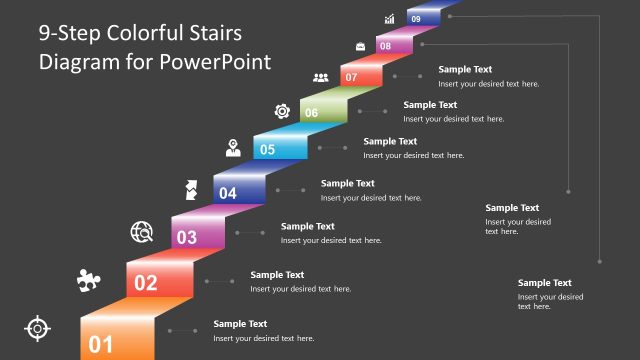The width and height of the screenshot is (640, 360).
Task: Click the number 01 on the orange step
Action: pos(101,345)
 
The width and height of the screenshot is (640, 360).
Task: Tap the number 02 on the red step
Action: pos(146,283)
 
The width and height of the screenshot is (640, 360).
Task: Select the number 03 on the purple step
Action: pos(187,238)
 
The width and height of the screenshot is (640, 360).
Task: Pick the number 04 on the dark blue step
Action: pos(228,193)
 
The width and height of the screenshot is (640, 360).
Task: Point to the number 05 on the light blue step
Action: pos(268,150)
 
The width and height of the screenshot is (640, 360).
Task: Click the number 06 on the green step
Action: pos(312,113)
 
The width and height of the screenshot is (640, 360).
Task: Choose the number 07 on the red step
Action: pos(351,77)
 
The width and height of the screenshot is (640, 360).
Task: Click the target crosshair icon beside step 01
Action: pos(37,327)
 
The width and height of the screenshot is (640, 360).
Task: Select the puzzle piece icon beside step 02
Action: pos(87,280)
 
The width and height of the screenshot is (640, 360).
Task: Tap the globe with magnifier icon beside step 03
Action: pos(142,233)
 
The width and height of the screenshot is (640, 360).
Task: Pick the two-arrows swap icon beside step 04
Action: pos(190,188)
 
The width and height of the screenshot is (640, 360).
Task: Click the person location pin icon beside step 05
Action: pos(233,148)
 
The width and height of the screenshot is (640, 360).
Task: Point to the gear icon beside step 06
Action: pos(282,110)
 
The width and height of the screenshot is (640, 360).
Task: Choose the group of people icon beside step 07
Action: pos(321,77)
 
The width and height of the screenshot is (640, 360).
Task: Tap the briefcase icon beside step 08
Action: pos(360,46)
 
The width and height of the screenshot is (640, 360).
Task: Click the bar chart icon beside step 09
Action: pos(390,19)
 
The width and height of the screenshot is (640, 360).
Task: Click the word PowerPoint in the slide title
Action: pos(222,61)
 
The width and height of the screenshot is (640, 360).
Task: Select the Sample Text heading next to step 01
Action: pos(240,324)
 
